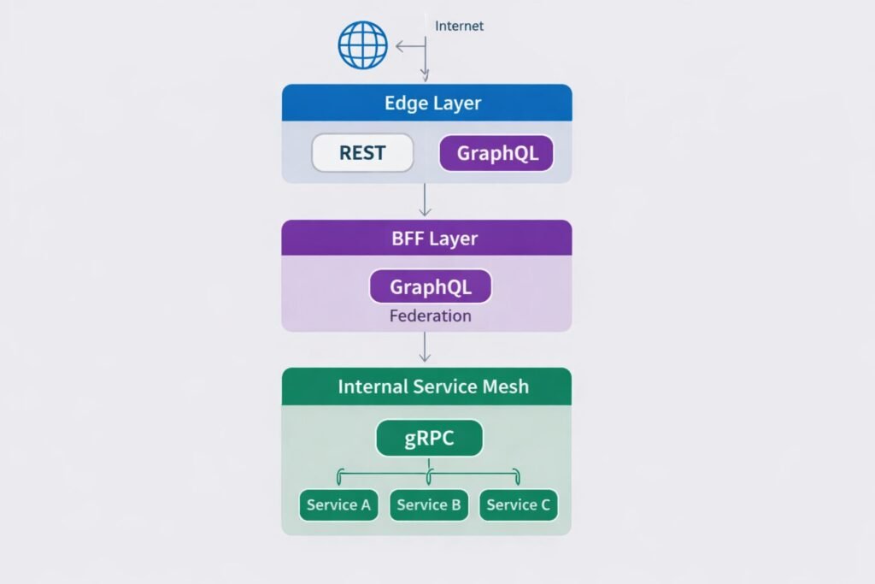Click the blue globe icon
point(363,44)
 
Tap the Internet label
point(459,26)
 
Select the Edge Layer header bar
point(426,103)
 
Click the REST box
point(362,154)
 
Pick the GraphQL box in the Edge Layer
point(496,154)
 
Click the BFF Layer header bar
point(426,238)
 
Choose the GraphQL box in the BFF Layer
point(430,286)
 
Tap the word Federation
point(430,316)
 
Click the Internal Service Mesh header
point(426,386)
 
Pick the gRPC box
point(429,439)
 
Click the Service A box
point(338,504)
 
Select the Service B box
point(429,504)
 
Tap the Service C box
point(518,504)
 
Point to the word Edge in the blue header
point(404,103)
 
